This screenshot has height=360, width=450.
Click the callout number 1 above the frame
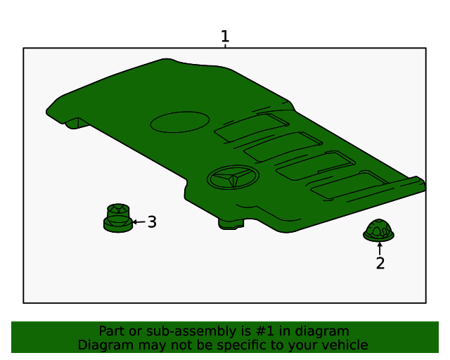point(225,36)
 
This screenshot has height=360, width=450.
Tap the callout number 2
point(380,264)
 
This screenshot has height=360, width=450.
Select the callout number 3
point(152,222)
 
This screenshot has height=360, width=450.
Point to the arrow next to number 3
point(139,222)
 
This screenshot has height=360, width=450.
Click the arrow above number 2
point(380,247)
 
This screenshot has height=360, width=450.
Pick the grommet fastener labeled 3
point(118,218)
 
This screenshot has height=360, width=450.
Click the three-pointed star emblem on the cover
point(233,179)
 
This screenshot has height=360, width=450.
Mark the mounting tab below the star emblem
point(231,223)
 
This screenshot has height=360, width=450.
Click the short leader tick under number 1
point(225,46)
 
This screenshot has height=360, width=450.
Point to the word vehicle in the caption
point(344,345)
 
